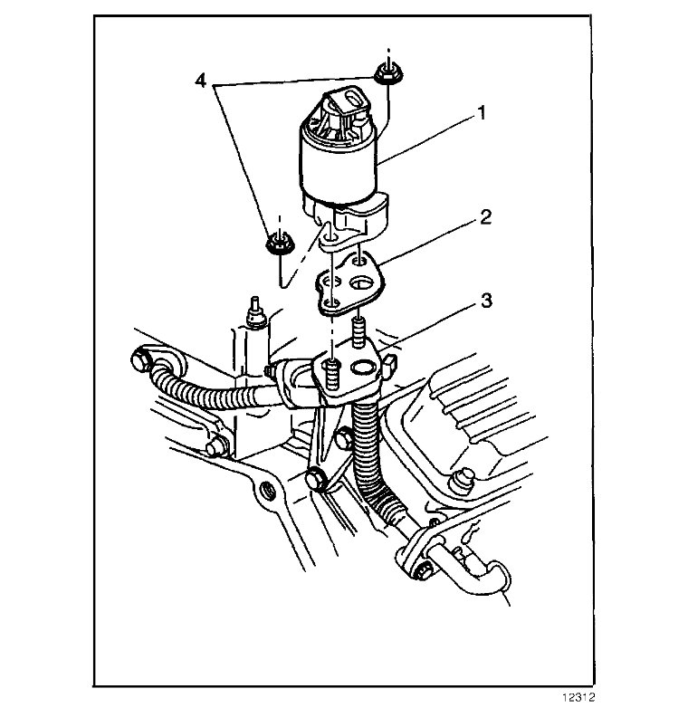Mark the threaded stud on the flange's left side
(331, 370)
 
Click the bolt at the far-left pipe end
(141, 362)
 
